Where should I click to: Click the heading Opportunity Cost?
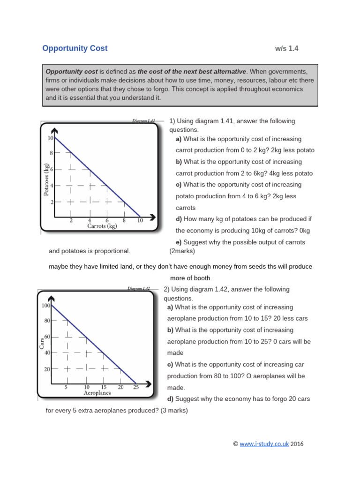click(75, 48)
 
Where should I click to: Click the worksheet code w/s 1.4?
click(287, 49)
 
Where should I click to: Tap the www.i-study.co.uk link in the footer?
click(264, 444)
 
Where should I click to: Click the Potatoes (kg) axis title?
click(46, 180)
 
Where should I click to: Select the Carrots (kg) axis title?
click(102, 226)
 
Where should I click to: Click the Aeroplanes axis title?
click(97, 393)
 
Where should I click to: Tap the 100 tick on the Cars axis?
click(45, 306)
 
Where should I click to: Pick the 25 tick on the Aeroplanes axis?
click(136, 387)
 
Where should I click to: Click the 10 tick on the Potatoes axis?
click(50, 138)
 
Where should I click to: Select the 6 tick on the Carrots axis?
click(107, 220)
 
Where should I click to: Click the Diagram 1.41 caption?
click(143, 121)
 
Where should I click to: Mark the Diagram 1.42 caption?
click(138, 289)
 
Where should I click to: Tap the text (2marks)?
click(182, 251)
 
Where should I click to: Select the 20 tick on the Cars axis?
click(47, 369)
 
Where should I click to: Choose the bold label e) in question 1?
click(178, 242)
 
